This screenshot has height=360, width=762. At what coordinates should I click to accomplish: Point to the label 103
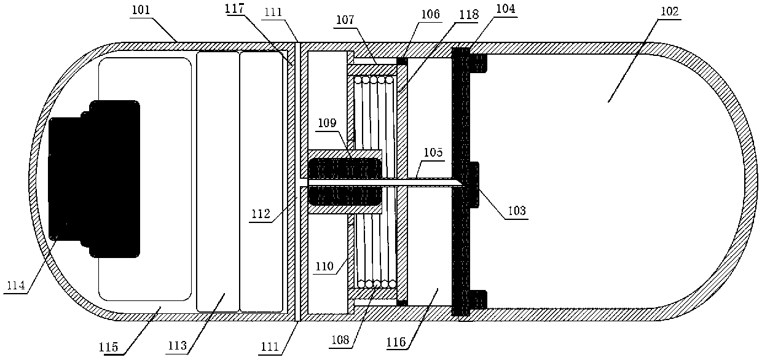[516, 210]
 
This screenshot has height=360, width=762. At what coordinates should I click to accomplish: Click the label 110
[326, 266]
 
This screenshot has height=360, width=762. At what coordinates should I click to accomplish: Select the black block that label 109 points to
[344, 181]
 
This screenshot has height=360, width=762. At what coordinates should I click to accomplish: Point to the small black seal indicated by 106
[403, 61]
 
